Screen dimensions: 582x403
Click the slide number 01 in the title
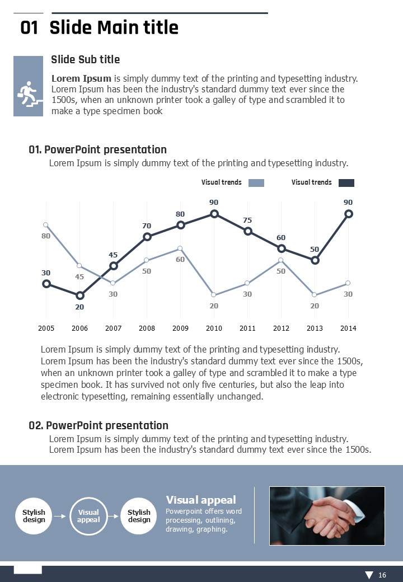29,27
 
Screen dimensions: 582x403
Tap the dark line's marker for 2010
214,213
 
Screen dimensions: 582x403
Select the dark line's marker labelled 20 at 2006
79,295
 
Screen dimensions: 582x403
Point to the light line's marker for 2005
46,225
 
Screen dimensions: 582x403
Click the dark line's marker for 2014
349,213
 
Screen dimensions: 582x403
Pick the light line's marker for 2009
180,248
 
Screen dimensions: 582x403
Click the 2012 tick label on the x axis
281,328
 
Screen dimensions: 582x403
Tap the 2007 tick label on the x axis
113,328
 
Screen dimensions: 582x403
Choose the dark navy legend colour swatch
346,182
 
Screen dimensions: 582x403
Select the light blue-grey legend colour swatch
256,182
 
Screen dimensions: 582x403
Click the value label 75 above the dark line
247,220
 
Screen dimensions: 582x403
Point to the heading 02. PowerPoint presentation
99,426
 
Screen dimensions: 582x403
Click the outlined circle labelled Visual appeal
88,516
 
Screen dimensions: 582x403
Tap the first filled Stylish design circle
34,516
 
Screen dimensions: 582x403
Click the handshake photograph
327,515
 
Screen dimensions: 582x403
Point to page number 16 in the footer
382,575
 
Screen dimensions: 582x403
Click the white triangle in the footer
369,575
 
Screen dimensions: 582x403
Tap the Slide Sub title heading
85,59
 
